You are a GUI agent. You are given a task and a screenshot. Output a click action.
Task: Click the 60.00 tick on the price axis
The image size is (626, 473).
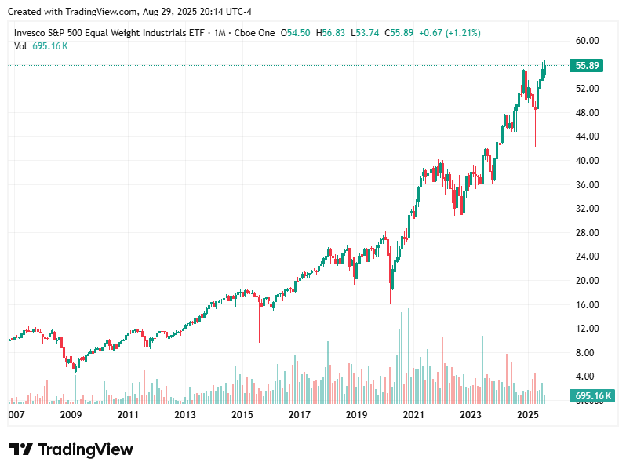tap(587, 40)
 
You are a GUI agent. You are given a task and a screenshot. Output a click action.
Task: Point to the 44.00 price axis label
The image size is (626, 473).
tap(587, 136)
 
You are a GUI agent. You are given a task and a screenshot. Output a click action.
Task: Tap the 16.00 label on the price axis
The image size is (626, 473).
tap(587, 305)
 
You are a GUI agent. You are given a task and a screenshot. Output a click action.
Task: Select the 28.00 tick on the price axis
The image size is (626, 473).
tap(587, 233)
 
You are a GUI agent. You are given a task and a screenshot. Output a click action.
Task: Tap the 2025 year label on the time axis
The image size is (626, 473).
tap(528, 414)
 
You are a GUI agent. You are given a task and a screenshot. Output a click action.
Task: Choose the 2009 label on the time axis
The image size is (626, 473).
tap(71, 414)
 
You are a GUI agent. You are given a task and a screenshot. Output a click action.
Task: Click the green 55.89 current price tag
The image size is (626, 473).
tap(588, 66)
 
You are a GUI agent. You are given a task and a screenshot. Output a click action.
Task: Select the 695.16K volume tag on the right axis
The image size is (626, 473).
tap(592, 397)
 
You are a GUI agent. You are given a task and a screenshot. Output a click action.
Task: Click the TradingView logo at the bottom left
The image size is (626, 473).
tap(71, 449)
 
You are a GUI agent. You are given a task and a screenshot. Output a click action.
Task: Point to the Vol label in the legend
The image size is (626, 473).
tap(21, 46)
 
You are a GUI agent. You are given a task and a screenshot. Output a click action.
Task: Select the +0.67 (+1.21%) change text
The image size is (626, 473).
tap(450, 33)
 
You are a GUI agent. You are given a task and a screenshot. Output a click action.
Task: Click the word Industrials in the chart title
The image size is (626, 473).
tap(168, 33)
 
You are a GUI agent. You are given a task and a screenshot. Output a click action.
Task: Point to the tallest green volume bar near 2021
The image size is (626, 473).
tap(409, 353)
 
